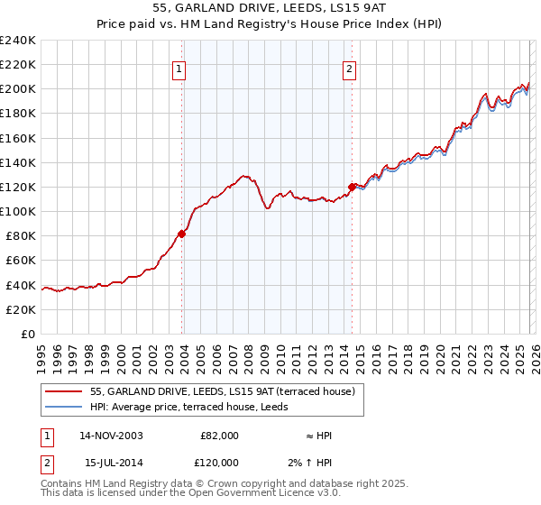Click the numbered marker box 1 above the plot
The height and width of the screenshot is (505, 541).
point(179,69)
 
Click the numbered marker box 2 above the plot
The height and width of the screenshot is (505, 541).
point(349,69)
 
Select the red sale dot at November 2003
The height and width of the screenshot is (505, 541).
point(182,234)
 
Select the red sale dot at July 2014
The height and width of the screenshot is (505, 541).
point(352,187)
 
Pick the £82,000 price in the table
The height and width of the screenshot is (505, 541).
point(219,436)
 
